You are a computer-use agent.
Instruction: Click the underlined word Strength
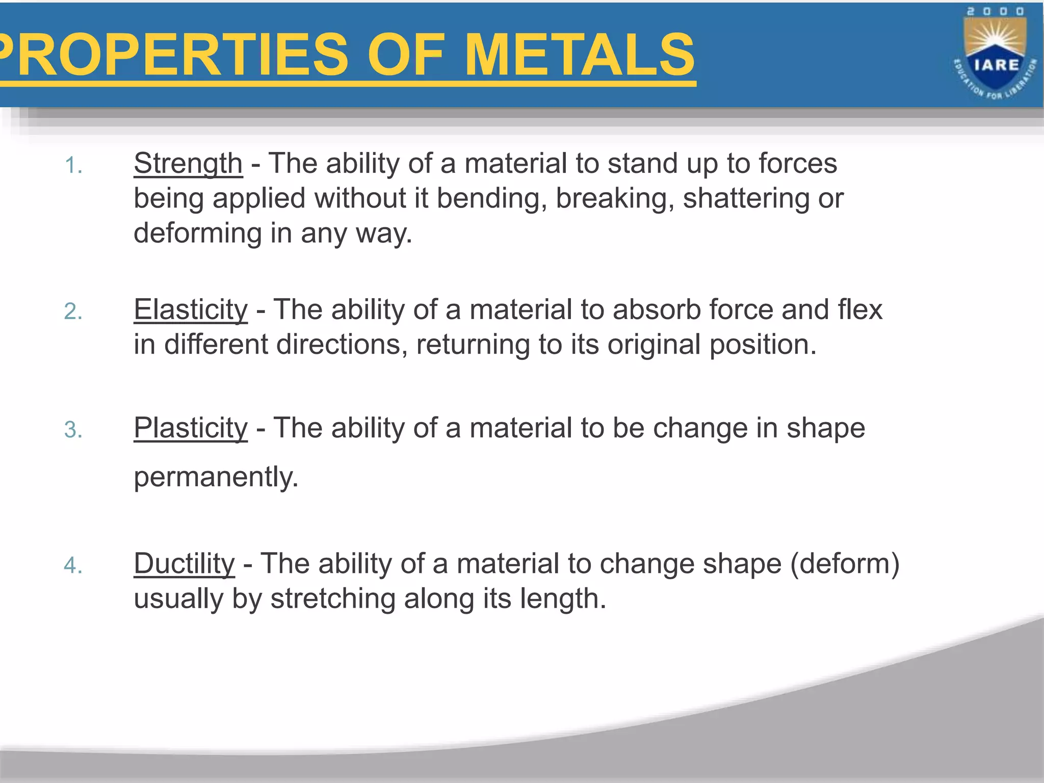pos(188,164)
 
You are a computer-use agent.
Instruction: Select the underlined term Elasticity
pos(191,309)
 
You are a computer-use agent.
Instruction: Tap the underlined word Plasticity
pos(191,428)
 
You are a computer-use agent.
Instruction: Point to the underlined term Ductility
pos(184,564)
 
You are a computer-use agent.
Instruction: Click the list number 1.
pos(73,166)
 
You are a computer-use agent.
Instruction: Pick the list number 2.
pos(73,311)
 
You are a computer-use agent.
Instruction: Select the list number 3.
pos(73,430)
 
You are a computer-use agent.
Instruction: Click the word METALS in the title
pos(580,55)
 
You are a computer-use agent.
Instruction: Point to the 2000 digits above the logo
pos(996,12)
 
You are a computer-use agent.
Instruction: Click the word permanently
pos(216,477)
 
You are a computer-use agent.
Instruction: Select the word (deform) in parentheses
pos(845,564)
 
